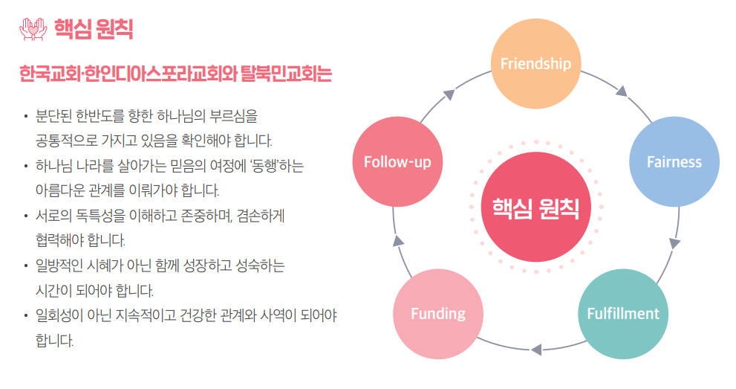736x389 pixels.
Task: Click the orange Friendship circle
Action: (x=535, y=64)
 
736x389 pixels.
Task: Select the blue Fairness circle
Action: (x=674, y=161)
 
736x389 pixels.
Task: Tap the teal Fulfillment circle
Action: (x=622, y=313)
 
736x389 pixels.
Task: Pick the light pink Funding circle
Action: (x=438, y=313)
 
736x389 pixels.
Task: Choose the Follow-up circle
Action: (x=397, y=161)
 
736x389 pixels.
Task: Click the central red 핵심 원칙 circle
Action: (x=535, y=208)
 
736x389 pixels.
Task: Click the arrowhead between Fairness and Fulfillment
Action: (x=674, y=243)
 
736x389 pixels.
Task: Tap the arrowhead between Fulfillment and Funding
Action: (x=535, y=347)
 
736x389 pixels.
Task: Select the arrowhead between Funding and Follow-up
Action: (x=398, y=240)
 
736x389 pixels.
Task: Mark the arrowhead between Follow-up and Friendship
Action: (x=449, y=94)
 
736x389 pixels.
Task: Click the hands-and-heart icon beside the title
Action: (x=32, y=28)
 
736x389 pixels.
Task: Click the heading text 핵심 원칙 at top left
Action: (x=94, y=29)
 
